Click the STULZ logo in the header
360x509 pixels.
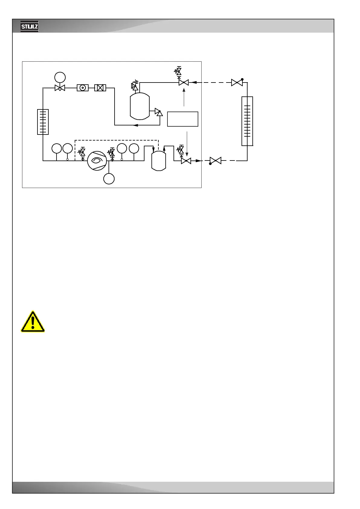29,26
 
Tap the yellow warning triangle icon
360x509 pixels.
33,322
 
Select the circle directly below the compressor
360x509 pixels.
109,179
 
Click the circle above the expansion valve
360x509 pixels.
60,77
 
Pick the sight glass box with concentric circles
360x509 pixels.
83,88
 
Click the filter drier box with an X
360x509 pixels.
100,88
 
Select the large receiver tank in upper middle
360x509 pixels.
140,106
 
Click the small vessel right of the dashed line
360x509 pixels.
159,161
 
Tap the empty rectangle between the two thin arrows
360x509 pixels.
183,119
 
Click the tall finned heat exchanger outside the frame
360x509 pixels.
247,121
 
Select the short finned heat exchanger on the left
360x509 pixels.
43,122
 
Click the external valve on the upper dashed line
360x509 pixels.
237,82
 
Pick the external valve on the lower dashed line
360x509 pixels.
216,161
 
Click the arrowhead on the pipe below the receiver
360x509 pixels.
136,125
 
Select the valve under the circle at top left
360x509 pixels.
60,88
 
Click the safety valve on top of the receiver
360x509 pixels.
135,86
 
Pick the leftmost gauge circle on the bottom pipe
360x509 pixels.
57,148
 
